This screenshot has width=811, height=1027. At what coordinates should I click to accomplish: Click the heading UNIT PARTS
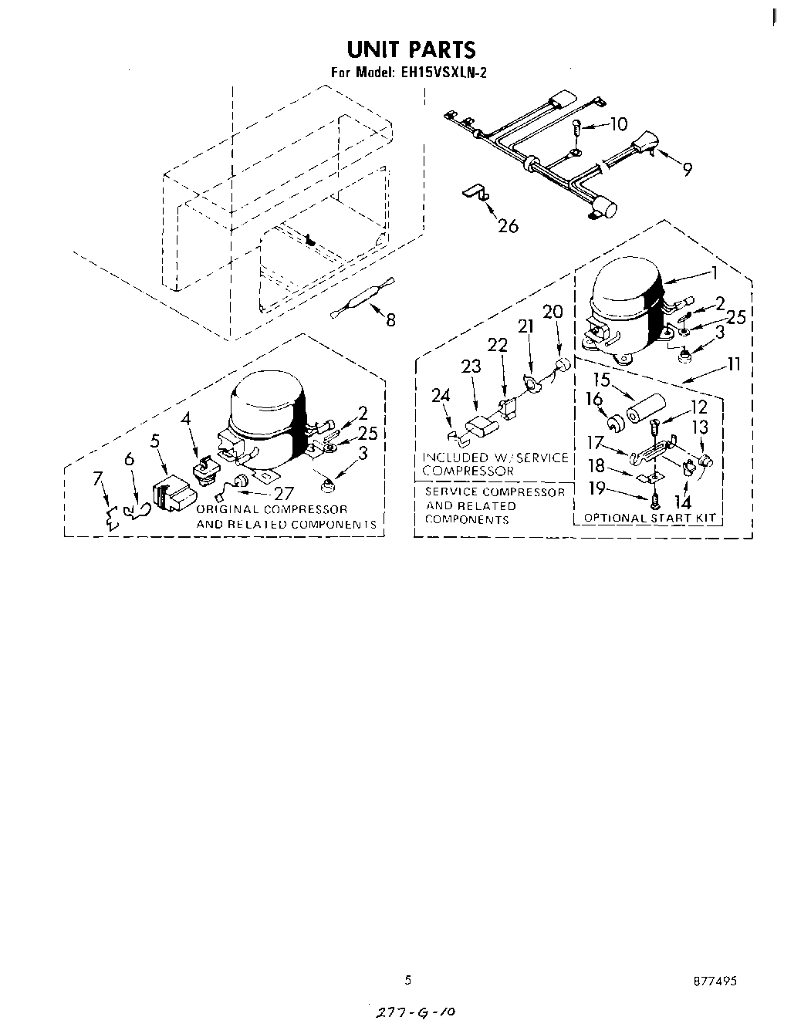click(x=411, y=49)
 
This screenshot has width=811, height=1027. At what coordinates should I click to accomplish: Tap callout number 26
click(x=508, y=226)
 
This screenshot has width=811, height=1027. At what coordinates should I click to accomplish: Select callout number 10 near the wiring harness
click(x=619, y=124)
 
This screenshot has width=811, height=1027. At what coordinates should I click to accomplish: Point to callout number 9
click(x=686, y=169)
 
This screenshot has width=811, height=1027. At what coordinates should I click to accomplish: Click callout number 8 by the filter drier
click(x=390, y=319)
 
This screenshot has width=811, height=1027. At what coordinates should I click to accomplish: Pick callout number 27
click(x=285, y=494)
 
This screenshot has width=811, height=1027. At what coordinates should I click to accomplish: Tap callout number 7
click(x=98, y=478)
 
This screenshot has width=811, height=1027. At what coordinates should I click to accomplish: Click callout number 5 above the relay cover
click(x=155, y=441)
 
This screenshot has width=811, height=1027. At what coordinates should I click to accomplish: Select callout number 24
click(x=441, y=396)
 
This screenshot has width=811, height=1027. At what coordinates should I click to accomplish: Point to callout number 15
click(x=602, y=380)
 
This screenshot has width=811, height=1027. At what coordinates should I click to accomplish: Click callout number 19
click(x=596, y=488)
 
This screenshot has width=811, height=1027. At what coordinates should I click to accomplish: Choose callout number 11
click(x=733, y=363)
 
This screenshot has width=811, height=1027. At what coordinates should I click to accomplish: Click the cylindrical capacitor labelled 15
click(x=644, y=408)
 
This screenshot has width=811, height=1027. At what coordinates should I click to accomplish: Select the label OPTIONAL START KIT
click(x=650, y=518)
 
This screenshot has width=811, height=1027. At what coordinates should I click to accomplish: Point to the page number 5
click(x=408, y=980)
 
